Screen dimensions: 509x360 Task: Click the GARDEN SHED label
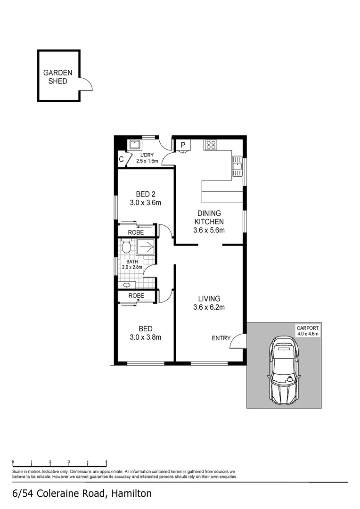pyautogui.click(x=58, y=77)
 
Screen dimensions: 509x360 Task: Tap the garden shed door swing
pyautogui.click(x=86, y=83)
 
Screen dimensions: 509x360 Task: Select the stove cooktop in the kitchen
pyautogui.click(x=210, y=145)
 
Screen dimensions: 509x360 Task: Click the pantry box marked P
pyautogui.click(x=183, y=146)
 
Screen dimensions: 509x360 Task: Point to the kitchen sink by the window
pyautogui.click(x=237, y=166)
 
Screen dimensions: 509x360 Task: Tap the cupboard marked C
pyautogui.click(x=122, y=160)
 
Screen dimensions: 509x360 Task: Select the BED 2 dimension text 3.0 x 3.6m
pyautogui.click(x=146, y=203)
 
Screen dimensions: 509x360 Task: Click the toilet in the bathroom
pyautogui.click(x=126, y=247)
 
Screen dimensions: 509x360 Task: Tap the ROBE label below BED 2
pyautogui.click(x=137, y=232)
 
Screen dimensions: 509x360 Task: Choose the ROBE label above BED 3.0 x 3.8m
pyautogui.click(x=137, y=296)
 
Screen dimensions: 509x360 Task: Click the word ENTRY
pyautogui.click(x=221, y=338)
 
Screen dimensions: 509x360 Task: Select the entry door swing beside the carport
pyautogui.click(x=237, y=341)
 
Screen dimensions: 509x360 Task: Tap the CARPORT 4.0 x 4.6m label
pyautogui.click(x=307, y=330)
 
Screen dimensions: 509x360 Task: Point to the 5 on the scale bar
pyautogui.click(x=106, y=462)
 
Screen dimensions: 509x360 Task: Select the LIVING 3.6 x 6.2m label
pyautogui.click(x=209, y=303)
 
